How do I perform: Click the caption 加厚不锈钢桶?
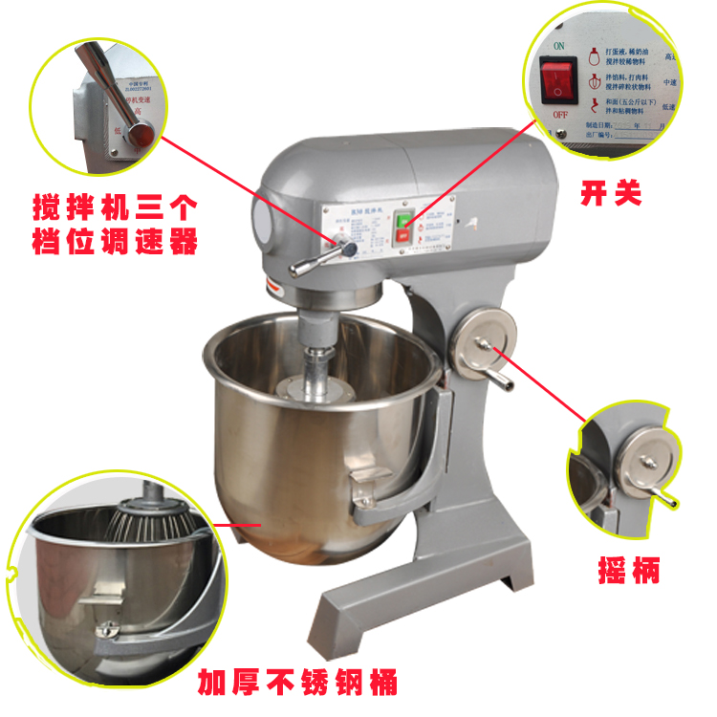[x=297, y=683]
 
